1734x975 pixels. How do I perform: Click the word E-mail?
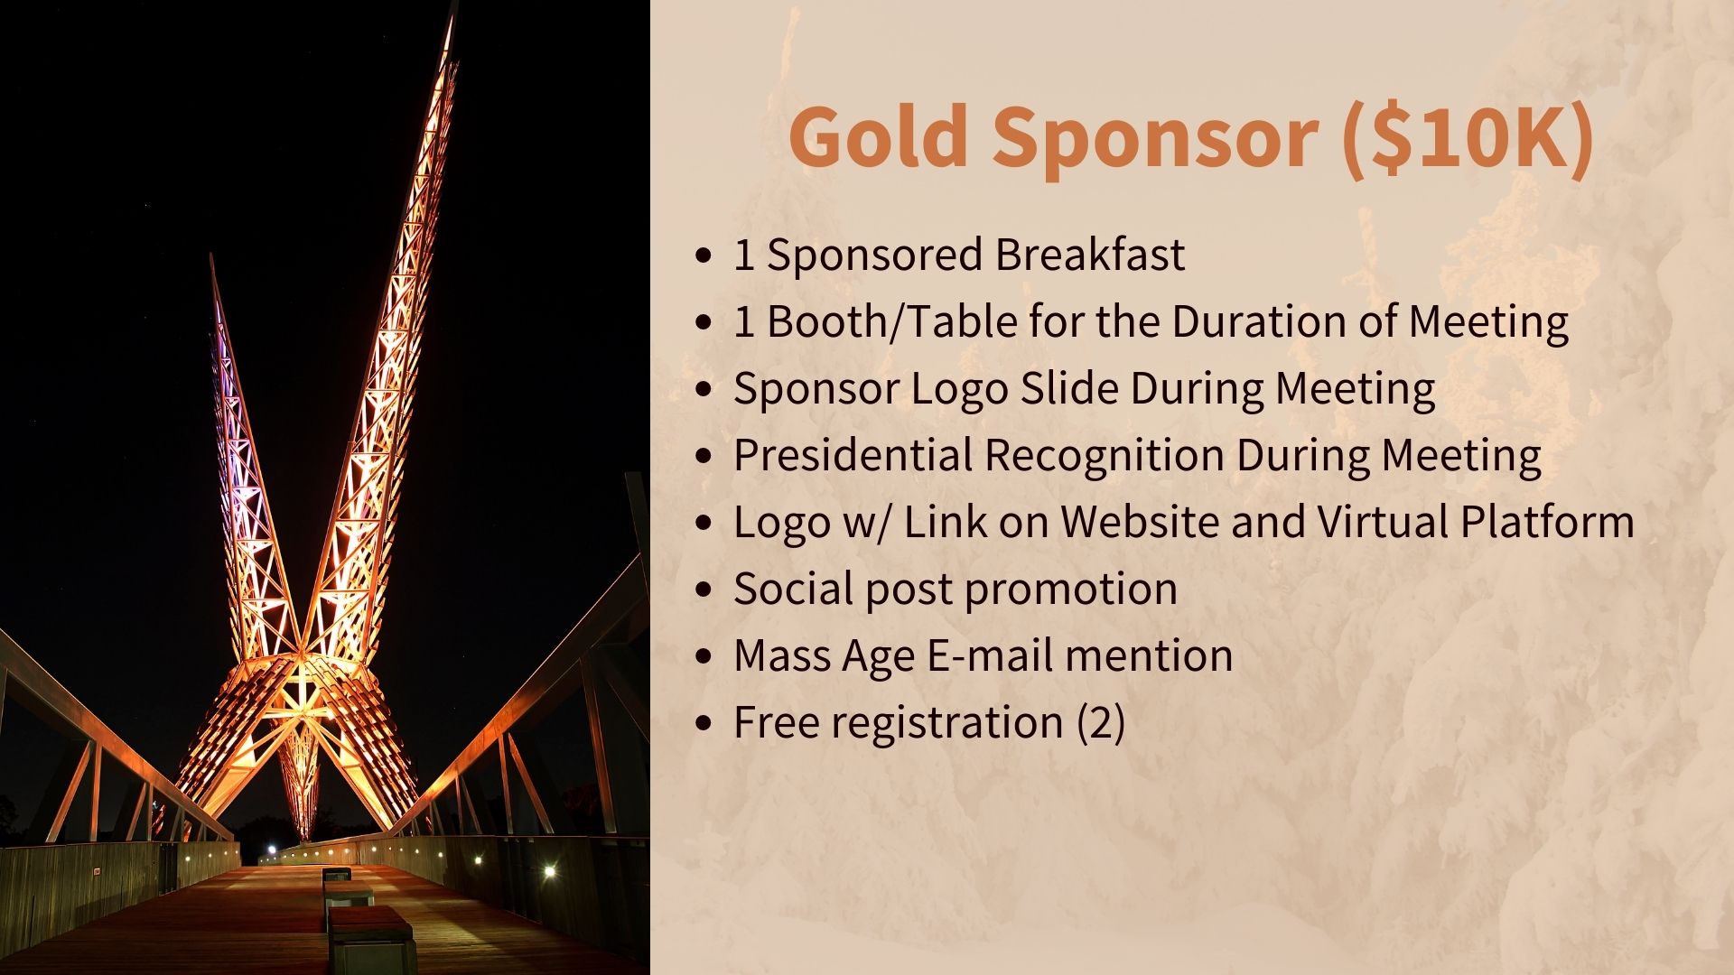click(x=989, y=655)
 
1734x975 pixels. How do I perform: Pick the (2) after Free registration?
click(x=1100, y=723)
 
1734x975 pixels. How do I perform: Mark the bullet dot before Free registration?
click(x=704, y=724)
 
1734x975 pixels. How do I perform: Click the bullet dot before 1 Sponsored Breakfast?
click(x=704, y=256)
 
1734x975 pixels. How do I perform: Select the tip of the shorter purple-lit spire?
click(x=211, y=256)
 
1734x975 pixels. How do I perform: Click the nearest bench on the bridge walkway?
click(x=370, y=939)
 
